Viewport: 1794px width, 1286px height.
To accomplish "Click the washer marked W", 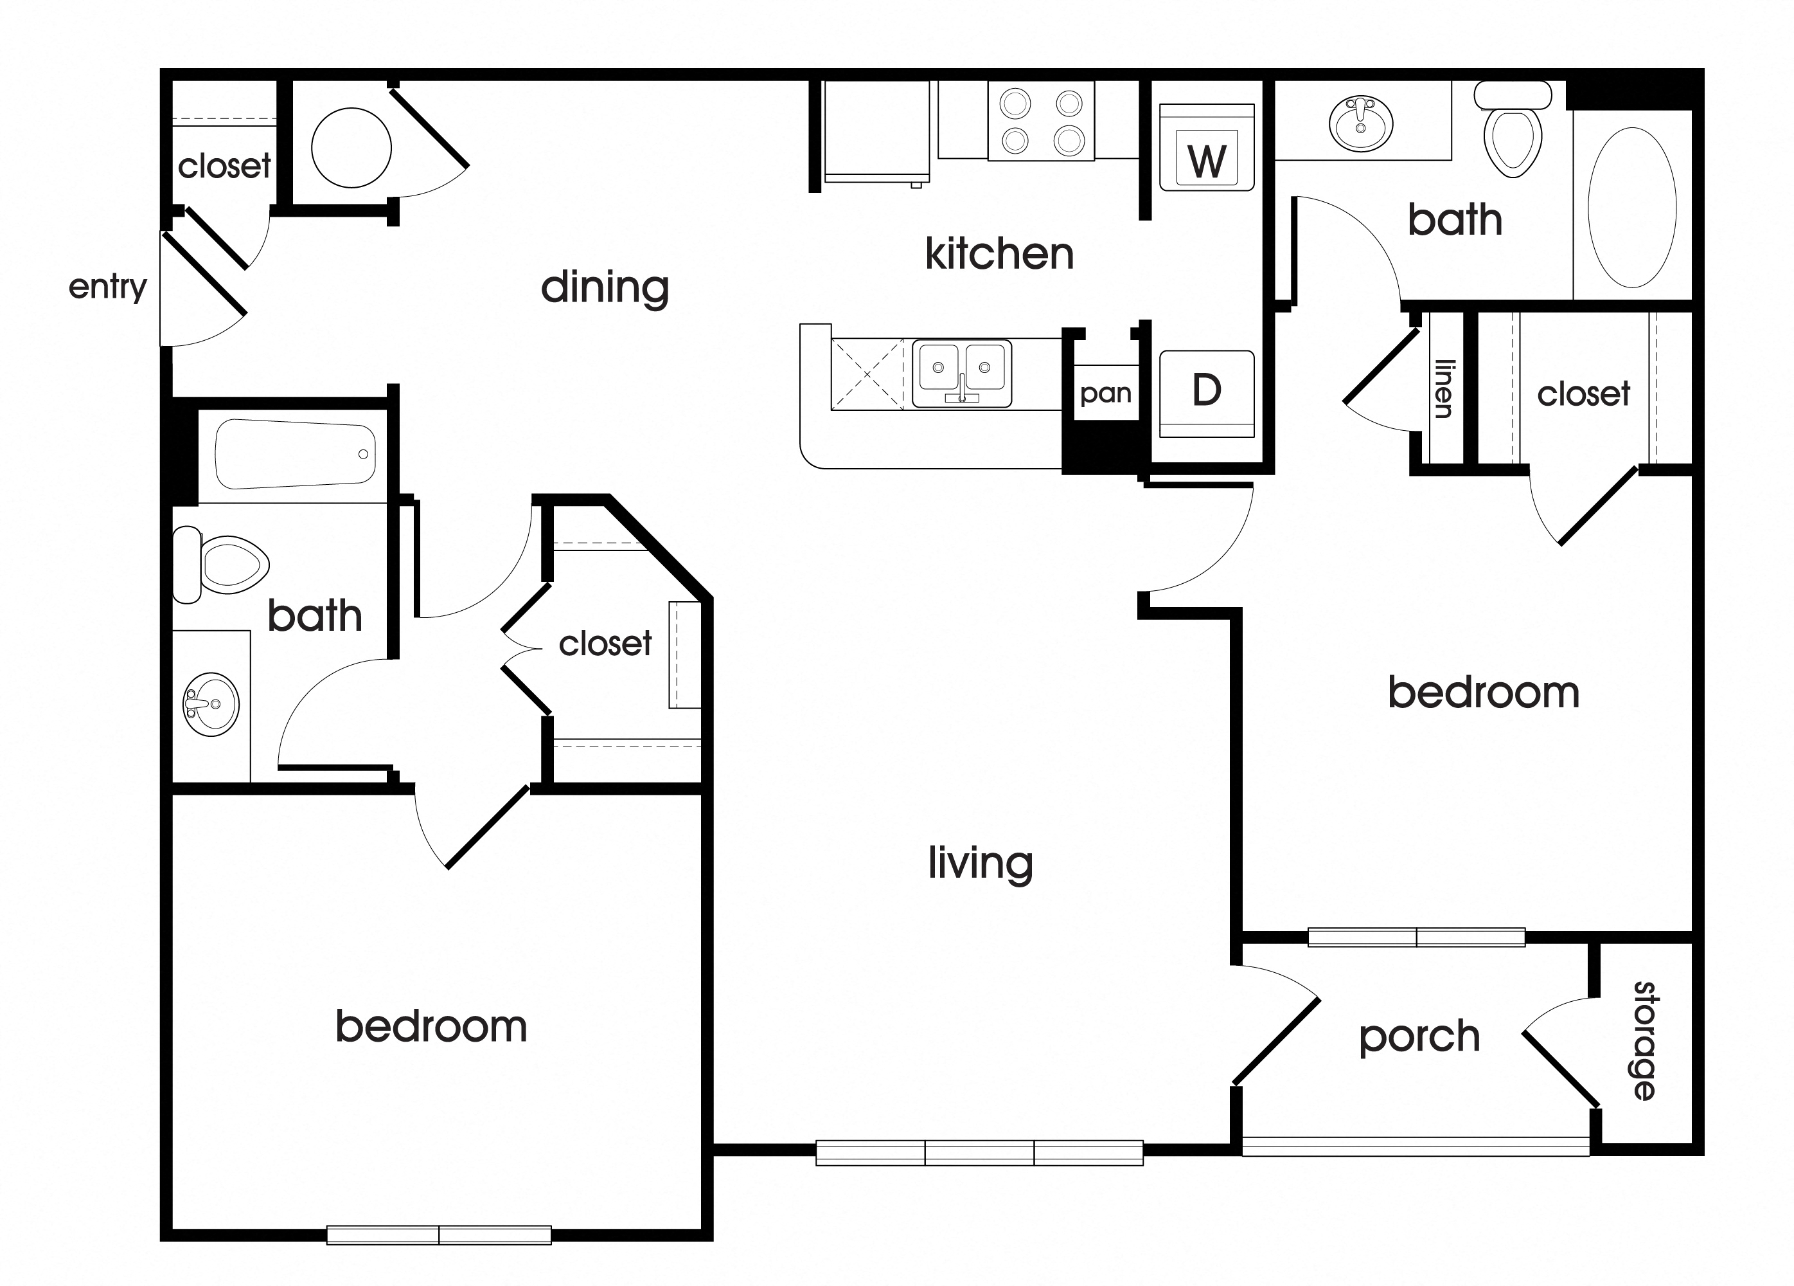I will [x=1206, y=148].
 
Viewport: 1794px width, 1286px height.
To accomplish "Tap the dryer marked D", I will [x=1206, y=392].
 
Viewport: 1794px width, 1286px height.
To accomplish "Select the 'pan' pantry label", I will [x=1105, y=394].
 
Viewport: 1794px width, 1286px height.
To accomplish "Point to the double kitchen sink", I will [x=961, y=374].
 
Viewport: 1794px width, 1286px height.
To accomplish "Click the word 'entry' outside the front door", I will [x=107, y=287].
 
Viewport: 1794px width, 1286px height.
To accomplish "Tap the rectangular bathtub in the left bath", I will [x=294, y=454].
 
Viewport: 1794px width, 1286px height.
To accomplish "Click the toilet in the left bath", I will [x=223, y=565].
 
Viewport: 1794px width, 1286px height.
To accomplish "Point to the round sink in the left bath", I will [x=210, y=703].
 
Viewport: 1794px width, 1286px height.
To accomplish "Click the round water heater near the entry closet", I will [x=351, y=148].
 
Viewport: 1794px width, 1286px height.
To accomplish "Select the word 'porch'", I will [x=1419, y=1037].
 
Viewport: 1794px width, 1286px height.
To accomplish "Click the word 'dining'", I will [x=605, y=287].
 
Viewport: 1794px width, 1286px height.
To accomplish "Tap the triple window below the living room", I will [x=979, y=1152].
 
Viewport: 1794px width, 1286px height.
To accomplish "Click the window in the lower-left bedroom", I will [x=439, y=1235].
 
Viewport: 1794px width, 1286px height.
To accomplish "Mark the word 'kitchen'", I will [x=999, y=254].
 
